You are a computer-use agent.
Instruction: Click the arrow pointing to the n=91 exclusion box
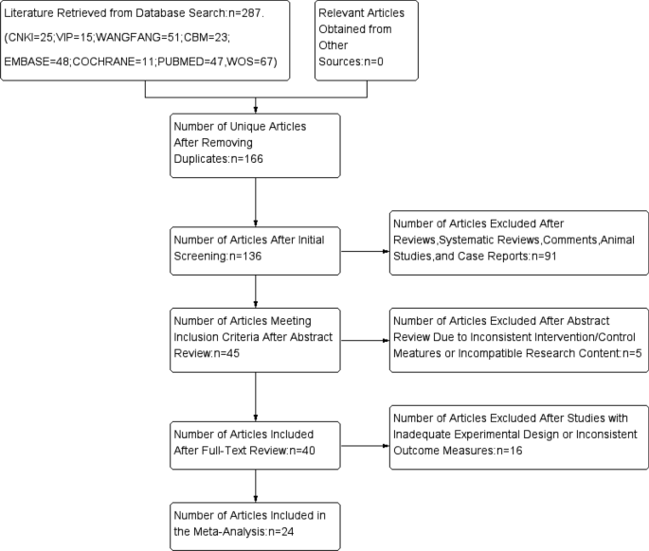click(x=364, y=253)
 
